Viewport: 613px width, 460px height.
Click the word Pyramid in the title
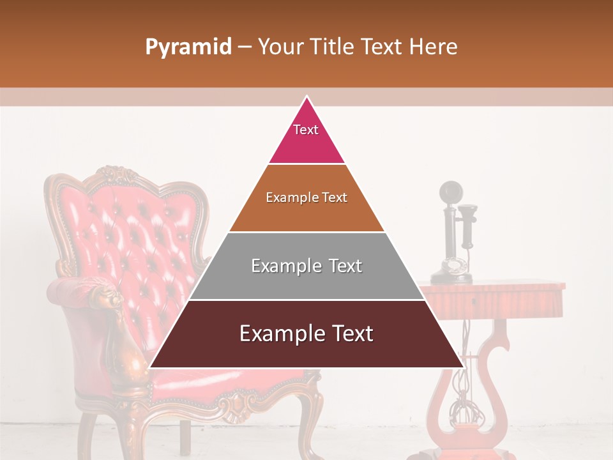tap(188, 47)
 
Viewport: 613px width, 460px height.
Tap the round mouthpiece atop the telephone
tap(451, 191)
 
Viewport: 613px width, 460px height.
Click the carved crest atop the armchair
tap(115, 174)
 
